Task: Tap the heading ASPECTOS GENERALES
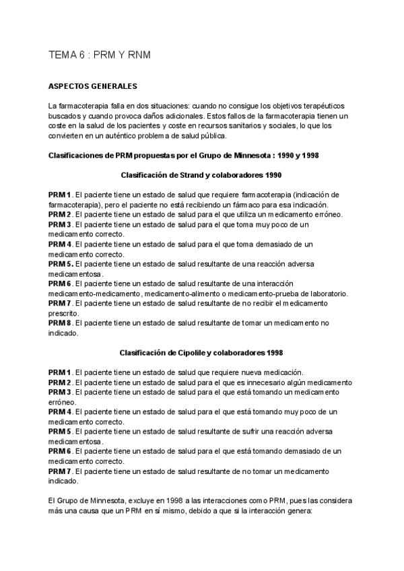tap(93, 87)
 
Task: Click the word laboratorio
tap(325, 294)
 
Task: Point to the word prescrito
tap(63, 313)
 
